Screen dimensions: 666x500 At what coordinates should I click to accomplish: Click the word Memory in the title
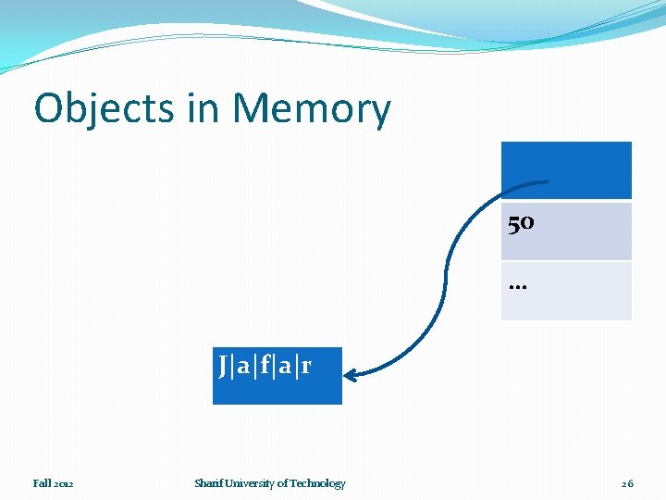312,109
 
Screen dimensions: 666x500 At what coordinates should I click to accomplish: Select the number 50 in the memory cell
521,223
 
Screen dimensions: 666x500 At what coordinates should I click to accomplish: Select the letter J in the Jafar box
224,366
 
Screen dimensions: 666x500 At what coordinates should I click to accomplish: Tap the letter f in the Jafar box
265,366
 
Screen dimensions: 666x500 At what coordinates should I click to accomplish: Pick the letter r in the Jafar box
305,367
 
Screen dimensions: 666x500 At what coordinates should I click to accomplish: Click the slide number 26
627,483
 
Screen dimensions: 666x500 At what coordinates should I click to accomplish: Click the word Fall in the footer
43,483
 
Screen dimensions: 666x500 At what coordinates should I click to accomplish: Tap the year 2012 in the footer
64,483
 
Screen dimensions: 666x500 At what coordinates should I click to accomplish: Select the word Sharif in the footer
208,483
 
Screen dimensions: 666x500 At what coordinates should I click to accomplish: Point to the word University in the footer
249,483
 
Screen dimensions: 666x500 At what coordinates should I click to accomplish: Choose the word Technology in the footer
317,483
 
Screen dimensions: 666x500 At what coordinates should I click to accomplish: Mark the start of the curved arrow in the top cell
548,181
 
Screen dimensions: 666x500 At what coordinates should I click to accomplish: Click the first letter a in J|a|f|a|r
243,367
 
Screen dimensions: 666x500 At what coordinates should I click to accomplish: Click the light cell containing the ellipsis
566,291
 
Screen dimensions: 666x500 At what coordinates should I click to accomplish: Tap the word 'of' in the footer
282,483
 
